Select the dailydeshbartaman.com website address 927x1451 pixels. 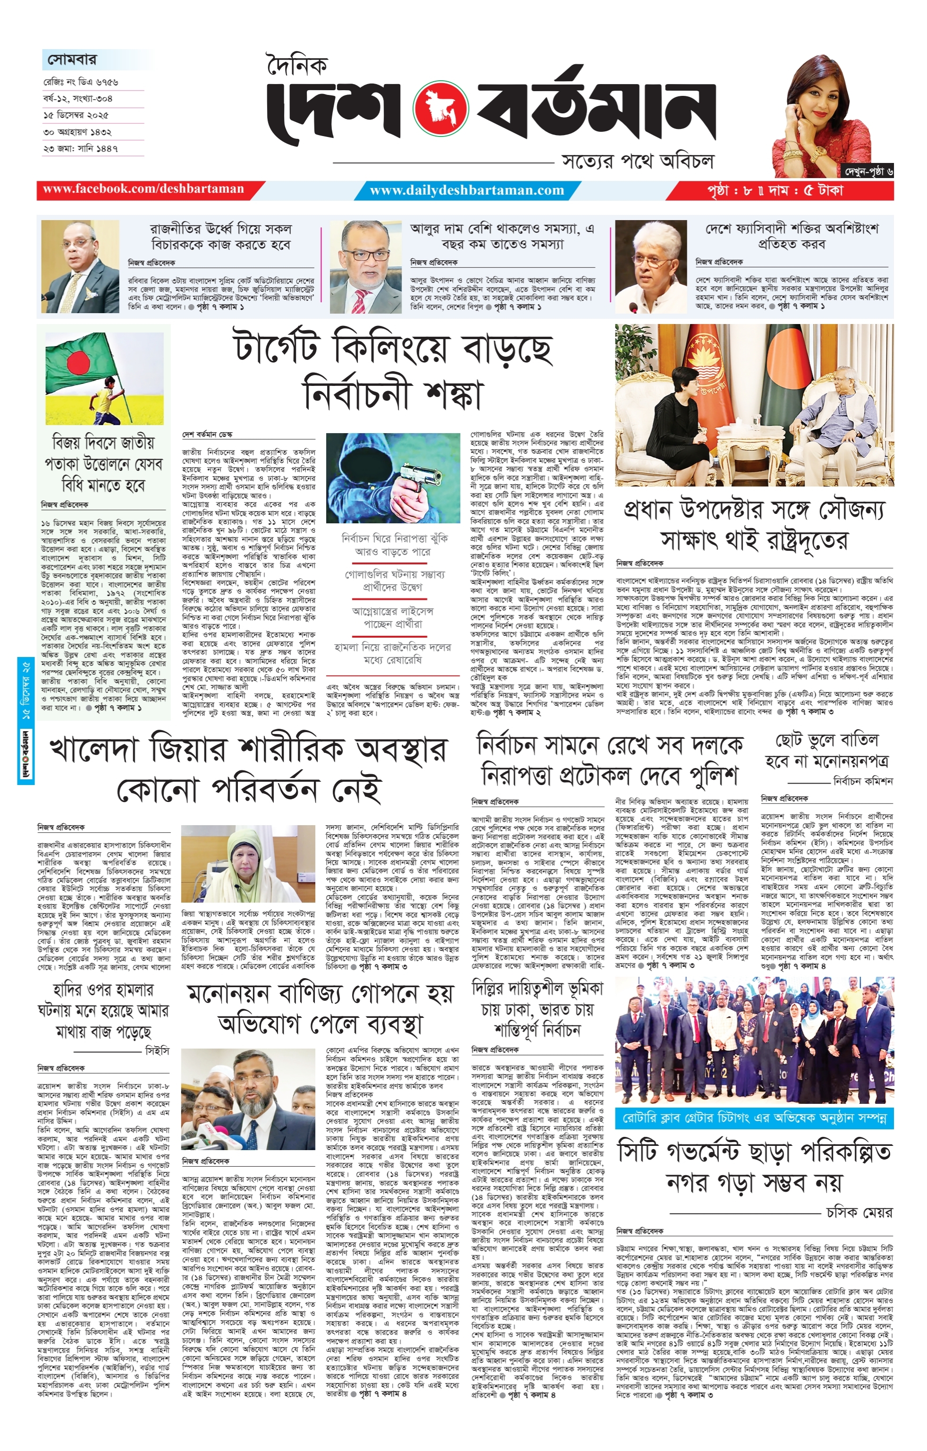click(x=467, y=190)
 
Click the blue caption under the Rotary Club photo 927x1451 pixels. click(x=754, y=1119)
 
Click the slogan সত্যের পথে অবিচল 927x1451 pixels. click(x=637, y=162)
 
